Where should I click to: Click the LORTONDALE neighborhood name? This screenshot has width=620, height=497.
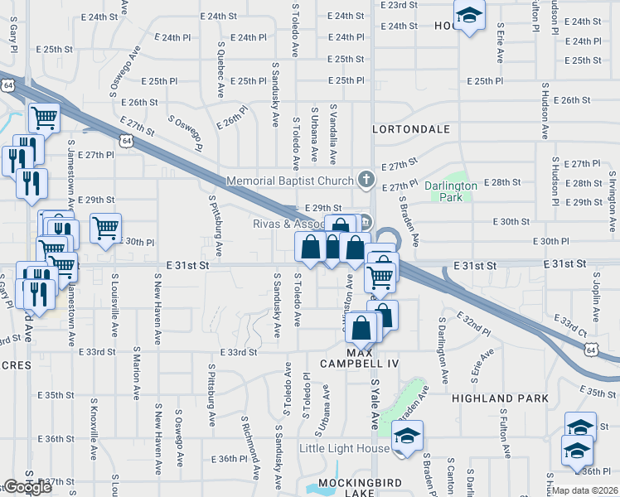[x=411, y=129]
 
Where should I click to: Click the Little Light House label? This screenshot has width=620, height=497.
[x=344, y=449]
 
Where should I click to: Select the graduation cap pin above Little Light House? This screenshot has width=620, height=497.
[x=407, y=435]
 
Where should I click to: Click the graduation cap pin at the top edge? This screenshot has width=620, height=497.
[x=469, y=14]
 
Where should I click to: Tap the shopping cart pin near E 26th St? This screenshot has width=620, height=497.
[x=44, y=117]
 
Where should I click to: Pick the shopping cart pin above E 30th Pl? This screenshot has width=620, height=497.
[x=105, y=226]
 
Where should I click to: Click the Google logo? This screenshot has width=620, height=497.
[x=27, y=487]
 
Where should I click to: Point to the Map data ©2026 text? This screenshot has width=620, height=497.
[x=584, y=490]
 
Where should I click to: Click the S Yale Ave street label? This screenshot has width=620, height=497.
[x=375, y=400]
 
